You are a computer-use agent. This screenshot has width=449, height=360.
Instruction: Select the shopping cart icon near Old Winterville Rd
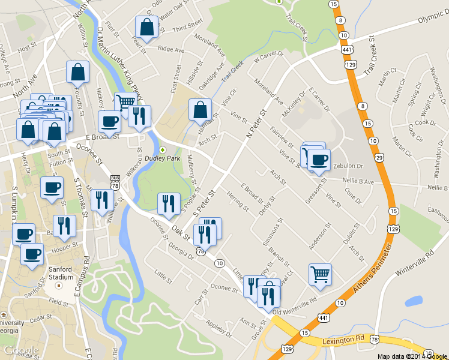tap(320, 275)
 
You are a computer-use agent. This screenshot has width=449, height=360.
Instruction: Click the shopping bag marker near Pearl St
tap(147, 26)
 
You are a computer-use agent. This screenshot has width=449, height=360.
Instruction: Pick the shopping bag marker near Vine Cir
tap(200, 109)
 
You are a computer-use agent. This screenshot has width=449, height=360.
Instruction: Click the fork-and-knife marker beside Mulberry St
tap(169, 203)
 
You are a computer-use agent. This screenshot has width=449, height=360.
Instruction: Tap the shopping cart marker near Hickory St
tap(125, 101)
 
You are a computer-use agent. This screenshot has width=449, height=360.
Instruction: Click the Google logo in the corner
tap(21, 350)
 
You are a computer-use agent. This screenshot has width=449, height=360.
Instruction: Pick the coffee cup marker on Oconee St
tap(109, 121)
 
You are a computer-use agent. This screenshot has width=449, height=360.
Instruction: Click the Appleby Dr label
tap(218, 328)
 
